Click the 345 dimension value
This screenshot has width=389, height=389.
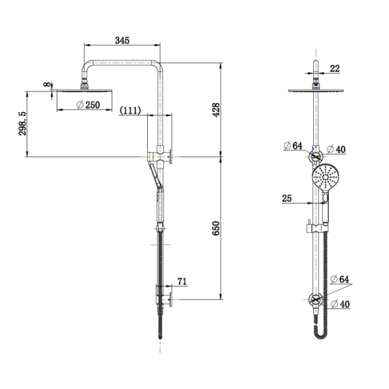[122, 40]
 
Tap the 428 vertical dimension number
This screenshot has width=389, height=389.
[216, 110]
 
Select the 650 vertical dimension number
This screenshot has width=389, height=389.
[216, 228]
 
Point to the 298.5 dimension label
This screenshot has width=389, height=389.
[22, 124]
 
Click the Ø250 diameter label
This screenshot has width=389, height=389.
[88, 105]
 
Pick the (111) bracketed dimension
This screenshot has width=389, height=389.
[130, 110]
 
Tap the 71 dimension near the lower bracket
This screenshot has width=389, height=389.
[182, 281]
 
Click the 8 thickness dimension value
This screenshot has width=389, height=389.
[47, 84]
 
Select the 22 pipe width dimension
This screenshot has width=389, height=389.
[335, 69]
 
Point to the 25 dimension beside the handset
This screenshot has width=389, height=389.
[287, 198]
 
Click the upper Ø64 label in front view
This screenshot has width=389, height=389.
[293, 146]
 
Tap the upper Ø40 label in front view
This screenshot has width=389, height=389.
[336, 149]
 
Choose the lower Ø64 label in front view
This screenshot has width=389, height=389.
[340, 279]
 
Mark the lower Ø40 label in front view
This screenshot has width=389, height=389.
[340, 304]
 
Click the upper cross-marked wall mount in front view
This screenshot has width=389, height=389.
[316, 156]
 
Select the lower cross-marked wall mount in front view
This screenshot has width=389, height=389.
[316, 300]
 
